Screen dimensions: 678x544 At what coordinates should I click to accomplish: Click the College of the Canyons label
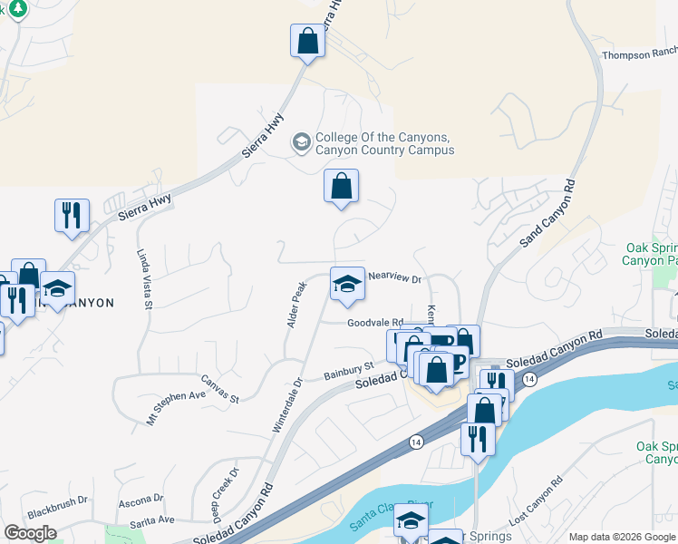point(384,143)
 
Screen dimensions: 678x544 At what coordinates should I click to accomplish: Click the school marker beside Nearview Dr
point(347,286)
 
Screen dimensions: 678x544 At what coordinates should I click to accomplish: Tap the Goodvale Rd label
point(374,322)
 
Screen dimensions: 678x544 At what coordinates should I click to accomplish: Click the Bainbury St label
point(349,372)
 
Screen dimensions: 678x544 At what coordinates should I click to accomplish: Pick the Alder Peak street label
point(295,305)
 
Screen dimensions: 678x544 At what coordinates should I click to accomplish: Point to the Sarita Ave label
point(151,520)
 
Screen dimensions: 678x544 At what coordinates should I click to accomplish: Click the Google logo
point(30,533)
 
